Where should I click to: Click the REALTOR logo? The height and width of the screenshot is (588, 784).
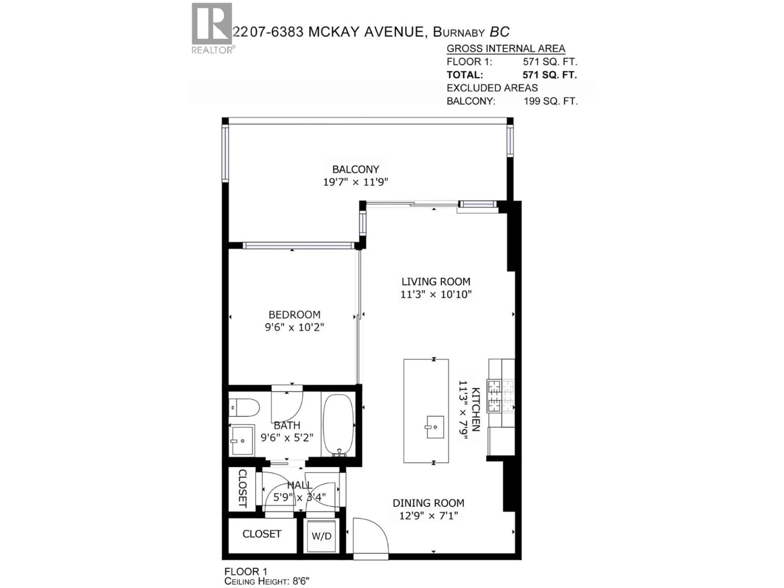tap(212, 28)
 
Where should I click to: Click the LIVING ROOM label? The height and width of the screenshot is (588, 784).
tap(436, 281)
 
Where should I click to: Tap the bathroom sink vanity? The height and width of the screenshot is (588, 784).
tap(242, 440)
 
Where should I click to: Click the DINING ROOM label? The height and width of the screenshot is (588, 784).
tap(428, 503)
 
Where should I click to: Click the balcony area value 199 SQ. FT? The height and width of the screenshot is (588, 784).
tap(550, 101)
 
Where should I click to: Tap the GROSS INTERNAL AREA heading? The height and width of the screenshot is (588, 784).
tap(506, 49)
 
